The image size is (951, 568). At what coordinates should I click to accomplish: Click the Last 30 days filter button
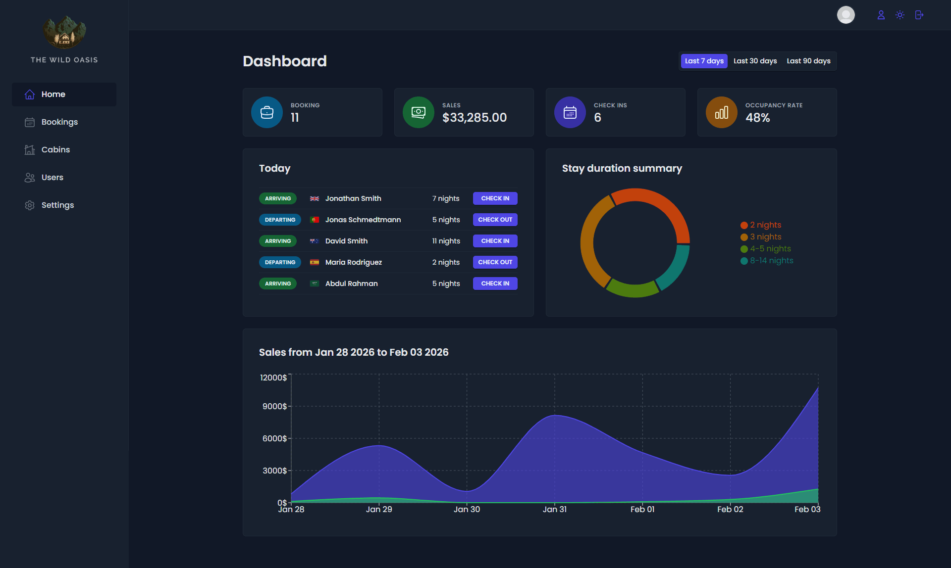coord(755,61)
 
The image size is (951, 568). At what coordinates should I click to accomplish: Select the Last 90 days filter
coord(808,61)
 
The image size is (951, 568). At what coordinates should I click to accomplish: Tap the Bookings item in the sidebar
coord(59,122)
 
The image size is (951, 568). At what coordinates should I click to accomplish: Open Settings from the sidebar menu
coord(57,205)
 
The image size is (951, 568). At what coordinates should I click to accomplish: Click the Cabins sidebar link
coord(55,149)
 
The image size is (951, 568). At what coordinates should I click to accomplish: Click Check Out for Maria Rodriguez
coord(495,262)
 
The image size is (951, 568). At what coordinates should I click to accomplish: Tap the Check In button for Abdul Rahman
coord(495,284)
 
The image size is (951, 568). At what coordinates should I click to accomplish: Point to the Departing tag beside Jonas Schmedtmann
coord(280,220)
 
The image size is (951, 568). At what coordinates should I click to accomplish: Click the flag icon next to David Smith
coord(314,241)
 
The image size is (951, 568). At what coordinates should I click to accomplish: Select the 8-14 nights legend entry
coord(771,261)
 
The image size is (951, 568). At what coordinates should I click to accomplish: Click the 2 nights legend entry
coord(765,225)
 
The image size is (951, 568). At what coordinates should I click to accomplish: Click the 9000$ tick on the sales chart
coord(274,406)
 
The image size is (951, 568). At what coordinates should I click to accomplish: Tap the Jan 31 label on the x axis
coord(554,509)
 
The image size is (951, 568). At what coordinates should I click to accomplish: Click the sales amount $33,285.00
coord(474,118)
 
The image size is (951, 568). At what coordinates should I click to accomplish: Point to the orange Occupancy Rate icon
coord(721,112)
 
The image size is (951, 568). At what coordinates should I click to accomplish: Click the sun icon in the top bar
coord(900,15)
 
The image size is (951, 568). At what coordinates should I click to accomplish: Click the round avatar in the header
coord(845,15)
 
